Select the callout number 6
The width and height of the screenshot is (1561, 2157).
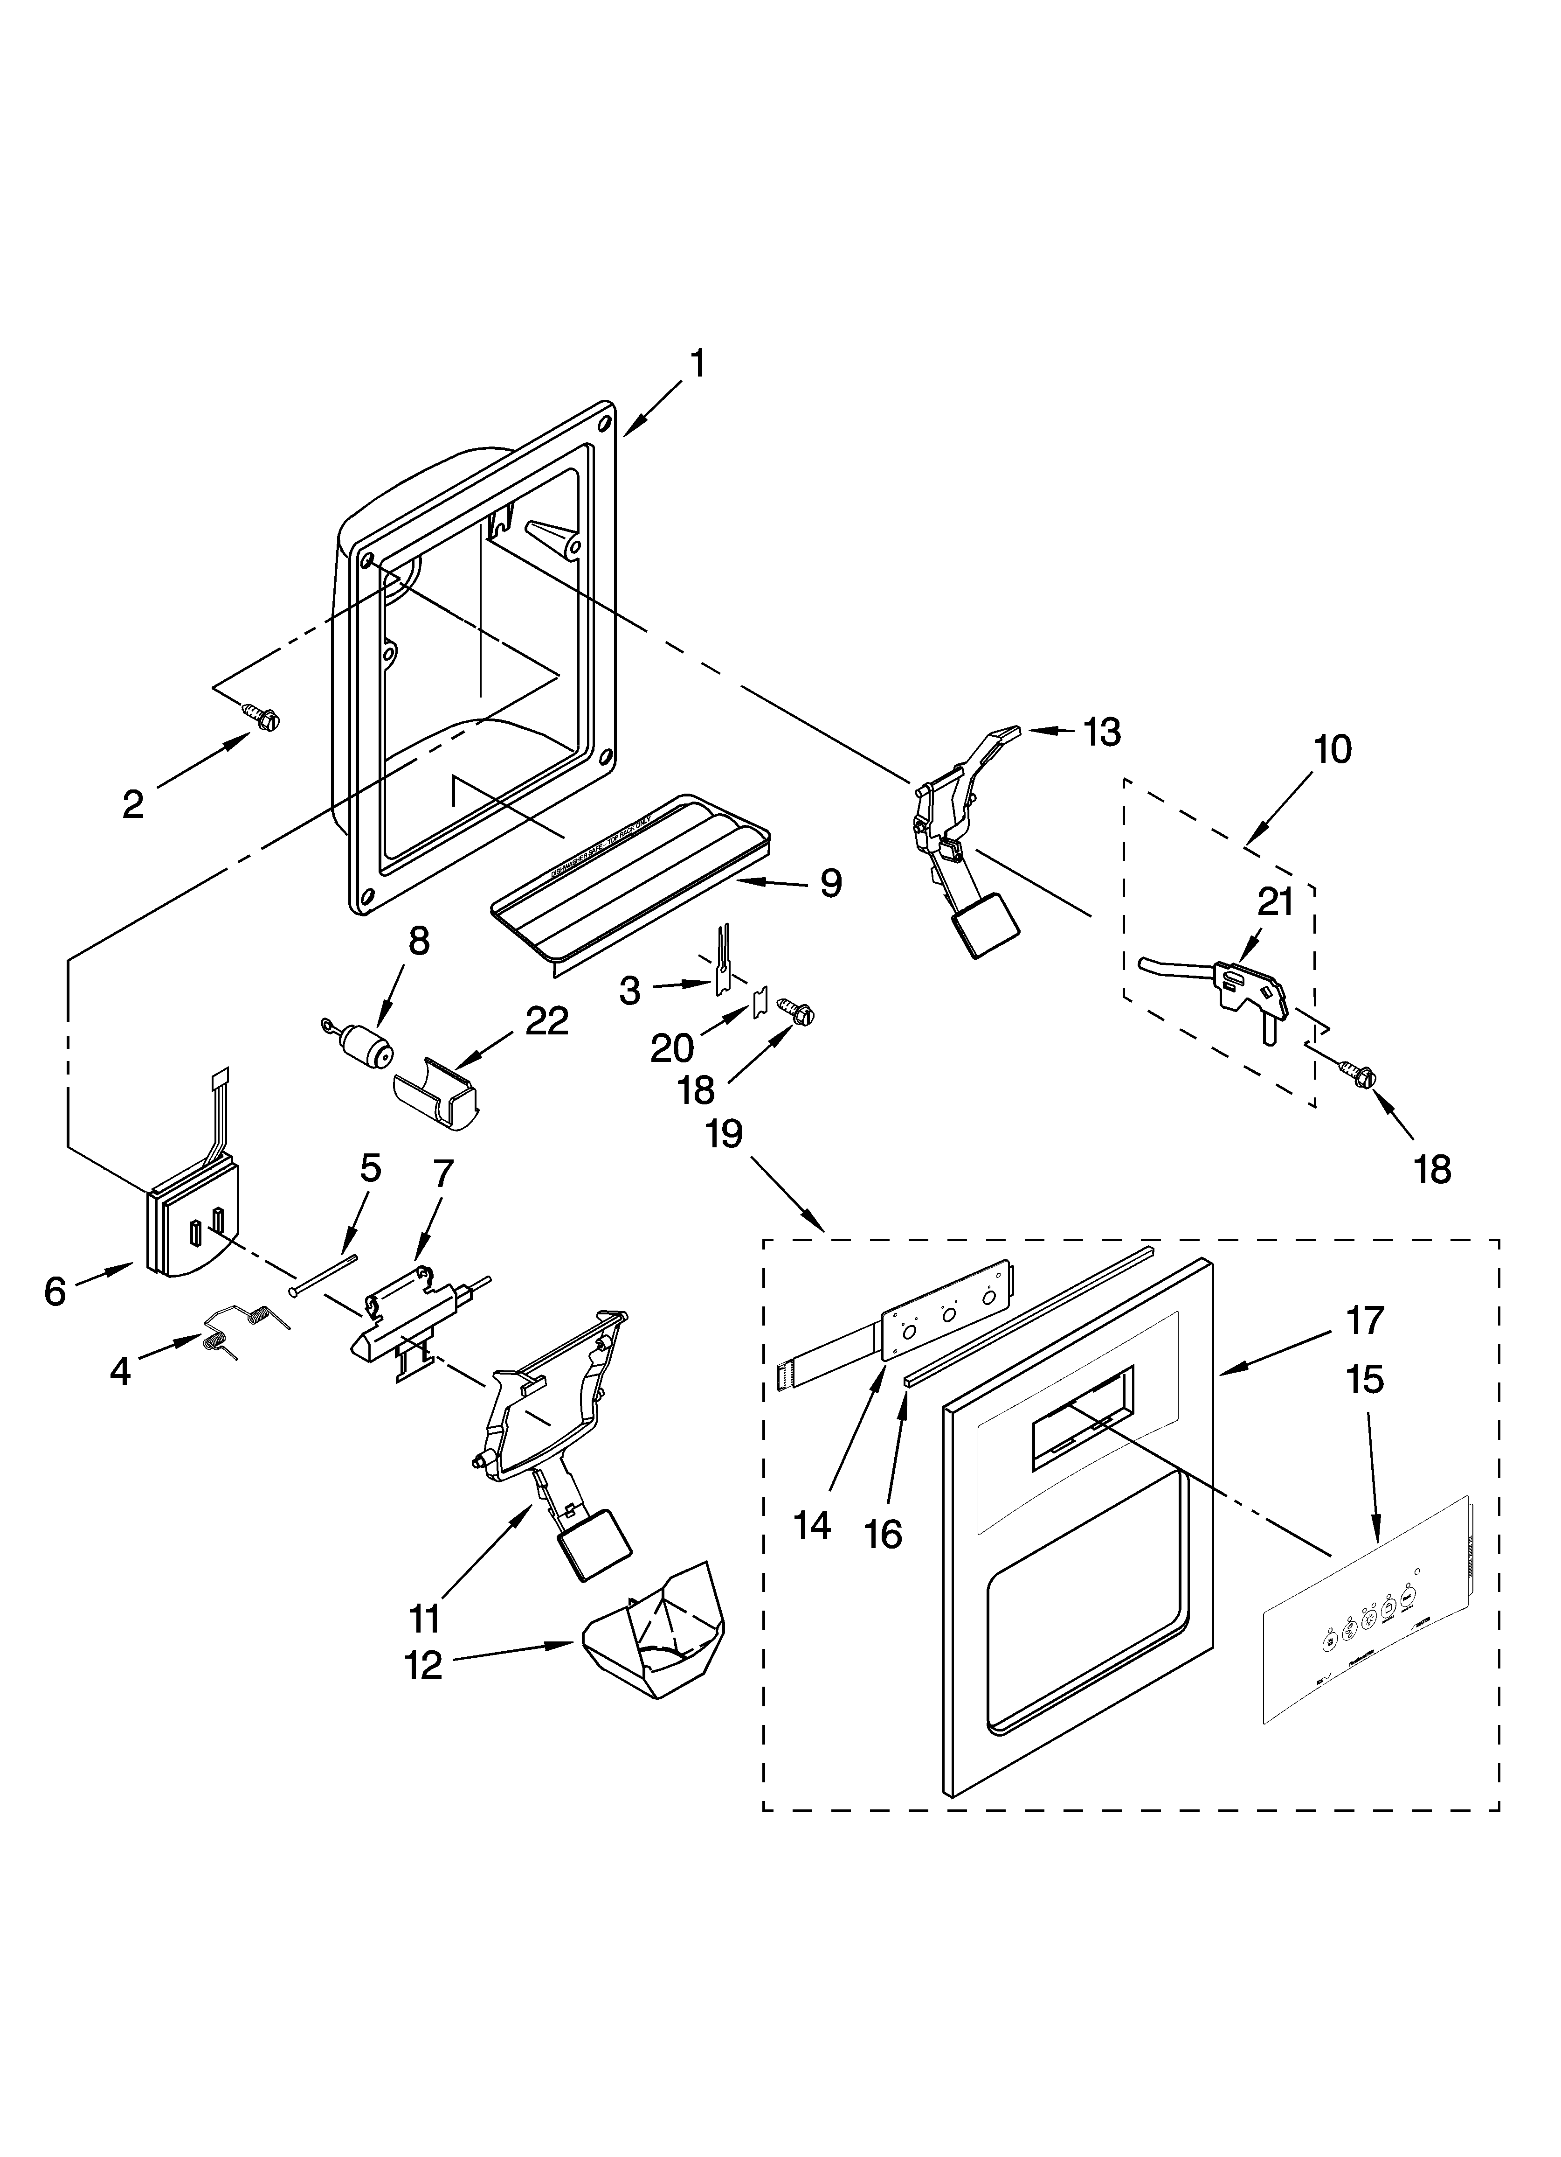click(55, 1291)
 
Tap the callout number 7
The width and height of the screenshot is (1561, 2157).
click(444, 1174)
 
